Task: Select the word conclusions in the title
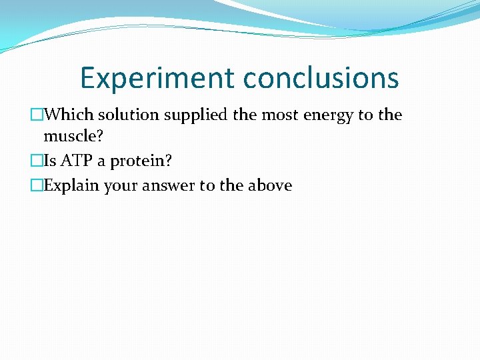pyautogui.click(x=321, y=78)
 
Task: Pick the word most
pyautogui.click(x=280, y=115)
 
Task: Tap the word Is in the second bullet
pyautogui.click(x=49, y=161)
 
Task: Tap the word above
pyautogui.click(x=269, y=185)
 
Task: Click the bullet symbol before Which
pyautogui.click(x=36, y=115)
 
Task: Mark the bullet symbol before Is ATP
pyautogui.click(x=36, y=161)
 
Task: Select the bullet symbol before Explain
pyautogui.click(x=36, y=185)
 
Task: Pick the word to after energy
pyautogui.click(x=366, y=115)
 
